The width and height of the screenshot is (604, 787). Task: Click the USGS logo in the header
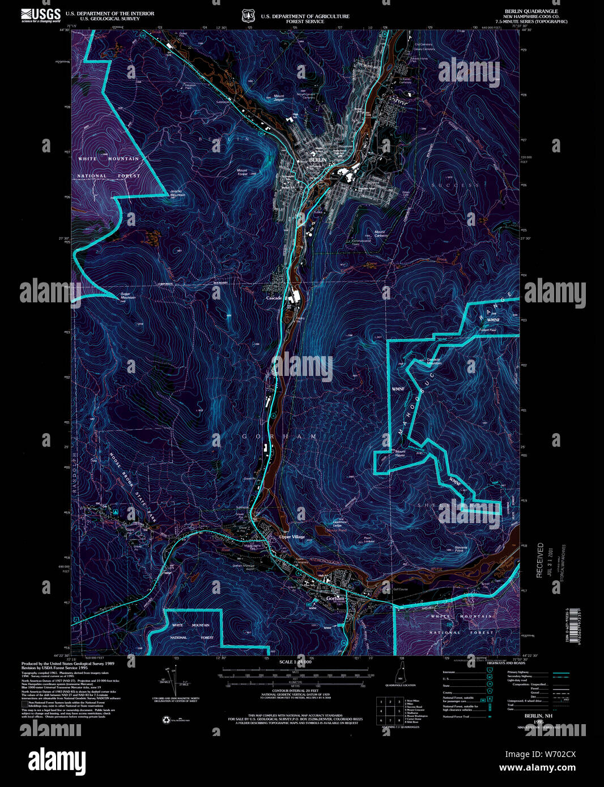click(41, 14)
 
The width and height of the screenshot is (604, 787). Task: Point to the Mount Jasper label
click(279, 97)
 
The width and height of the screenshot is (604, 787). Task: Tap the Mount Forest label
click(242, 172)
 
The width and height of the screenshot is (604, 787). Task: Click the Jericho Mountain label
click(177, 193)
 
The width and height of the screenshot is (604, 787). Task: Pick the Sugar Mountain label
click(128, 296)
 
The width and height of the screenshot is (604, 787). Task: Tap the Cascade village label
click(274, 298)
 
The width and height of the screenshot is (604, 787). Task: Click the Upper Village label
click(292, 537)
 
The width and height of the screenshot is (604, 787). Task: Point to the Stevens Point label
click(460, 549)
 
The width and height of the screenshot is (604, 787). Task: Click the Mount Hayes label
click(399, 452)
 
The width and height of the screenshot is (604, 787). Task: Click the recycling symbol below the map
click(166, 720)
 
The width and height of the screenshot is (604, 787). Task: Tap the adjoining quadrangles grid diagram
click(390, 711)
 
